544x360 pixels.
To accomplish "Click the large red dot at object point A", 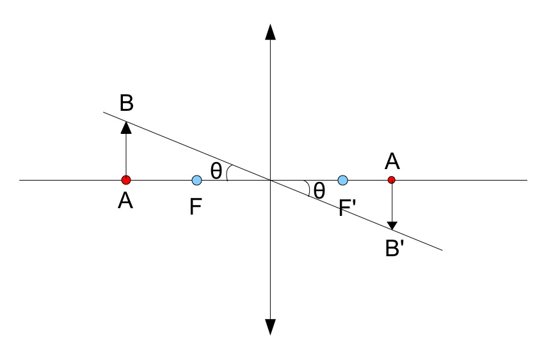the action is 126,180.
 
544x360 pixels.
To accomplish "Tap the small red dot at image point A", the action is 392,180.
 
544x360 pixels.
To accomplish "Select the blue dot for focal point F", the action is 196,180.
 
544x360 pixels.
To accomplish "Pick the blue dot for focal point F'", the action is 343,180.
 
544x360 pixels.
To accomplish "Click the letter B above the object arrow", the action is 126,102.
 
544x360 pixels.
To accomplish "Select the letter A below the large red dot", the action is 125,201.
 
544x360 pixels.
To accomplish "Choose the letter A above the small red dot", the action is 392,161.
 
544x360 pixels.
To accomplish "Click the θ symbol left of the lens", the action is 216,170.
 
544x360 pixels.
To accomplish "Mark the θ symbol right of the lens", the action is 319,190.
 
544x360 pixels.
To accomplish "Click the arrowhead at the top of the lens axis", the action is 270,32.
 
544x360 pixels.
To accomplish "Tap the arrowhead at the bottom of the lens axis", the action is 270,326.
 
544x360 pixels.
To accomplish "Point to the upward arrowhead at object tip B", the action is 126,126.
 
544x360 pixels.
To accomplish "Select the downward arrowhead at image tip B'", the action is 392,225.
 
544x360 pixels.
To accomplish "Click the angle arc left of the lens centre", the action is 229,172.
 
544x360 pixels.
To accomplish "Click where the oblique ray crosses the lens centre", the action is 270,180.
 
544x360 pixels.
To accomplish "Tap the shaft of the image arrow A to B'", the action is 392,202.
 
